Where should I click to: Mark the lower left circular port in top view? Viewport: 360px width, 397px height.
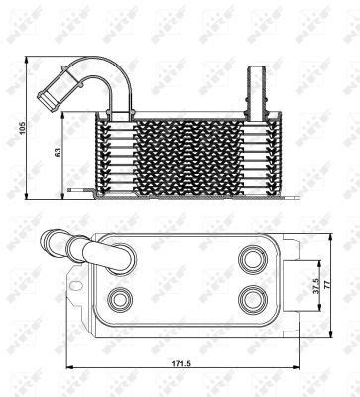[121, 298]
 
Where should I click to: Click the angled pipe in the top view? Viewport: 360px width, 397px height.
[84, 248]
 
